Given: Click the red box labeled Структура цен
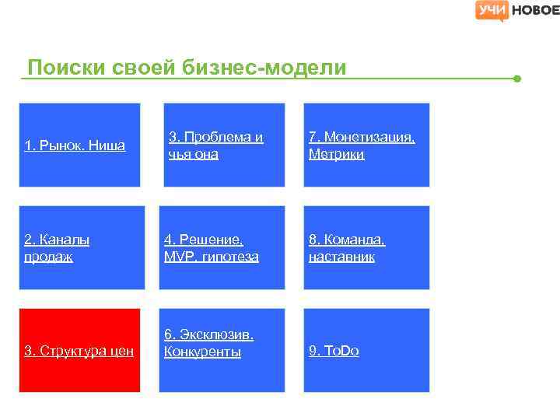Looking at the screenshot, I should pyautogui.click(x=79, y=350).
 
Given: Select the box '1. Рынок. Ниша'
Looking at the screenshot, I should pyautogui.click(x=79, y=145).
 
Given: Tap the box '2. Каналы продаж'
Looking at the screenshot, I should pyautogui.click(x=82, y=247).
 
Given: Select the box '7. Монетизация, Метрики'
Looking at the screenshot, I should pyautogui.click(x=366, y=145).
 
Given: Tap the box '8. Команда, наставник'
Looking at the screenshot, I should pyautogui.click(x=366, y=247).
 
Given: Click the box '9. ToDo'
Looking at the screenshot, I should pyautogui.click(x=366, y=350).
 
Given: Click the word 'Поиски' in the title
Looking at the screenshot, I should pyautogui.click(x=63, y=68).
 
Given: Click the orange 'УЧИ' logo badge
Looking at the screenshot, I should pyautogui.click(x=492, y=10).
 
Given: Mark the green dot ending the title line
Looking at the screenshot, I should pyautogui.click(x=517, y=79).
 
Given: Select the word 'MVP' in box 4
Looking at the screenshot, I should pyautogui.click(x=178, y=257).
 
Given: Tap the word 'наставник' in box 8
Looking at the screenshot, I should pyautogui.click(x=341, y=257).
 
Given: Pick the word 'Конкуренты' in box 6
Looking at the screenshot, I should pyautogui.click(x=202, y=352).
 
